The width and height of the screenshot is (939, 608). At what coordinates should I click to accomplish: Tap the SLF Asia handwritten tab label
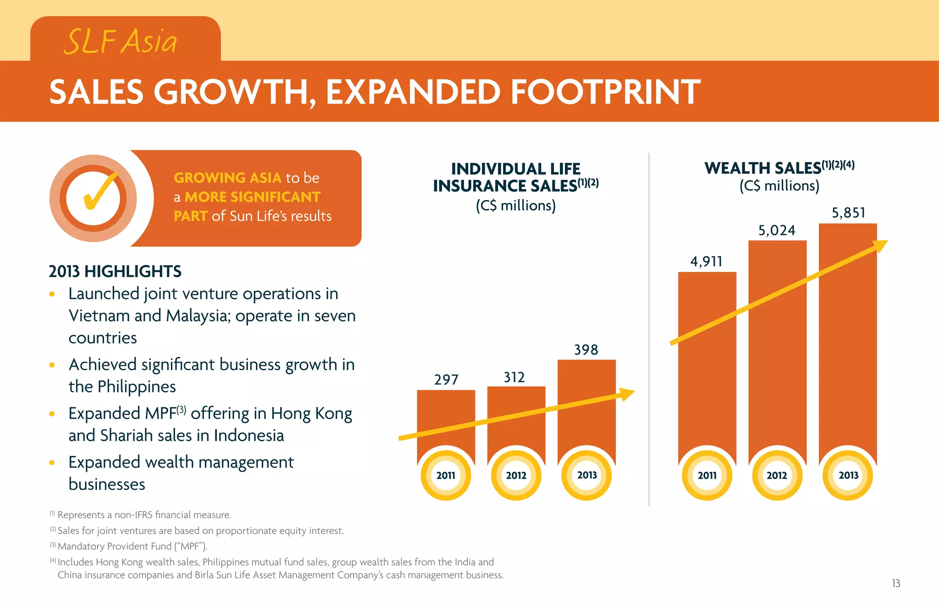click(120, 41)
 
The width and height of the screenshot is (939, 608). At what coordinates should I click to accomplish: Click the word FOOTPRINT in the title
click(605, 92)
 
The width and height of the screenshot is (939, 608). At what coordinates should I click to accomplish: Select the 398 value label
click(586, 350)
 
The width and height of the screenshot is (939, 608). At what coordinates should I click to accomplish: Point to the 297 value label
click(446, 380)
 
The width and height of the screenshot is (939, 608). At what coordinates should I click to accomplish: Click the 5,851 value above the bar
click(848, 213)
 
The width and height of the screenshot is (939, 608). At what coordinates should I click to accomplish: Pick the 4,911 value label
click(706, 262)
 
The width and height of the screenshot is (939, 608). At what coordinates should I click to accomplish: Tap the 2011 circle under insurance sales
click(446, 475)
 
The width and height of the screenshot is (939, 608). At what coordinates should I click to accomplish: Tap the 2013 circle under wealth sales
click(848, 475)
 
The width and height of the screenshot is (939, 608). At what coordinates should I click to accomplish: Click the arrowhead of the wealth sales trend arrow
click(881, 245)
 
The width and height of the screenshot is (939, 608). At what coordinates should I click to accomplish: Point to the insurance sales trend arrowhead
click(627, 394)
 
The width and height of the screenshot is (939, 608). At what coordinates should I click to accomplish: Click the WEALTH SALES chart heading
click(762, 168)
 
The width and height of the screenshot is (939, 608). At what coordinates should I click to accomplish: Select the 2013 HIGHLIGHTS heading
click(115, 272)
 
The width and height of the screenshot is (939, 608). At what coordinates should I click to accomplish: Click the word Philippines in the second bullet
click(137, 387)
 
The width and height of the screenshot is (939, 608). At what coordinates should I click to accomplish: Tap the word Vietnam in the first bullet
click(99, 316)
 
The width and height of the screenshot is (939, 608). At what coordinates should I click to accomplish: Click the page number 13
click(895, 583)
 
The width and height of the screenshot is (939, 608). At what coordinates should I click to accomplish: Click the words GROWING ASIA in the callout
click(227, 178)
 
